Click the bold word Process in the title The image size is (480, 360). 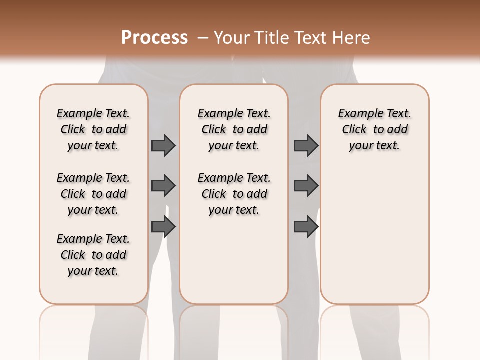coord(154,38)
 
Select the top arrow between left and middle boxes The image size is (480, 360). coord(163,145)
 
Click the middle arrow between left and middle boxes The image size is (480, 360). coord(163,186)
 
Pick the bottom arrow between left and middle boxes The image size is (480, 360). coord(163,227)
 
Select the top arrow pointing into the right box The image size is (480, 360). coord(306,145)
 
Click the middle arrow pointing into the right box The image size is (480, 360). coord(306,186)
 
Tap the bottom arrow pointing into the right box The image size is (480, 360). coord(306,227)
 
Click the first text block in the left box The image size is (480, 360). coord(93,129)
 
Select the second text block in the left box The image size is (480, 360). coord(93,194)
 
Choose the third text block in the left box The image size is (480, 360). coord(93,255)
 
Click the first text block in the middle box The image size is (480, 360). coord(234,129)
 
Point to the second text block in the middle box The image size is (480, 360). coord(234,194)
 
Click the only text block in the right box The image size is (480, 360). coord(374,129)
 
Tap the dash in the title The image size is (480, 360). coord(202,38)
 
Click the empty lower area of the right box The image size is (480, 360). coord(374,240)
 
